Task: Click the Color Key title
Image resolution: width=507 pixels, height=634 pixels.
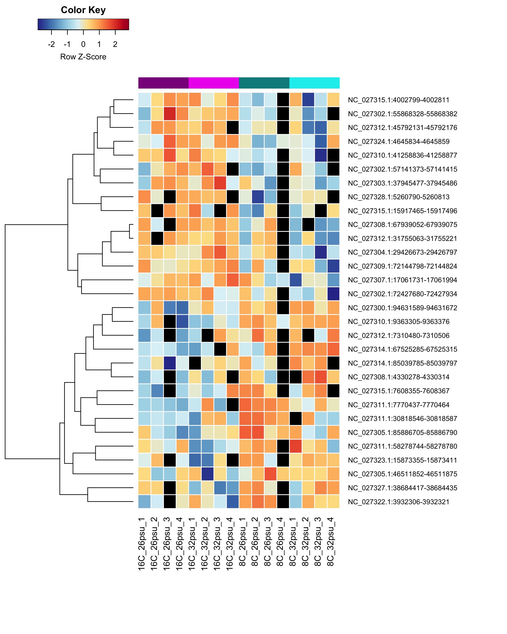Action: pos(83,10)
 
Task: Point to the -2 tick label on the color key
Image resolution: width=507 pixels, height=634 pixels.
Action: pos(51,44)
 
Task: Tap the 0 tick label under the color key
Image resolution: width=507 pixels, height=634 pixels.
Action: pos(83,44)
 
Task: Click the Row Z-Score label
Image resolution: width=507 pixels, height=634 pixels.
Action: pos(83,57)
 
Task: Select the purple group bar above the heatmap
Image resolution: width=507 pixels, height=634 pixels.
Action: pos(164,83)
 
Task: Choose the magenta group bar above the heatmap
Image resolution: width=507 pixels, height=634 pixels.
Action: pos(214,83)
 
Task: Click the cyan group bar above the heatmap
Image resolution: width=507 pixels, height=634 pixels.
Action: pos(315,83)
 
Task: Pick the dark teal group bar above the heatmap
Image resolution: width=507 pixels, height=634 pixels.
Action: pos(264,83)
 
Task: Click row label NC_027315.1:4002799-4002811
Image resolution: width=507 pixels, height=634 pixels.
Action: pos(399,100)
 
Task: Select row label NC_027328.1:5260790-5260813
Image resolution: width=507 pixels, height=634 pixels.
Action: pos(399,197)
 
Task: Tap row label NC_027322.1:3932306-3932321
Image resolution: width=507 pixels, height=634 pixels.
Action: pos(399,502)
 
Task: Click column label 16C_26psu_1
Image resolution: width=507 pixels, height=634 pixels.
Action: pos(142,544)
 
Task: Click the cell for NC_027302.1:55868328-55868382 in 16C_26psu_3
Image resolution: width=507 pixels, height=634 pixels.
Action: pos(170,114)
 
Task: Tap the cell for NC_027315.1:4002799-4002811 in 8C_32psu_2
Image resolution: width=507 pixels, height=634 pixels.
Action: pos(308,100)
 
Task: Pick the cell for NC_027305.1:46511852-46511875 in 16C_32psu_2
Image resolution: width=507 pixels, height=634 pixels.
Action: pos(207,474)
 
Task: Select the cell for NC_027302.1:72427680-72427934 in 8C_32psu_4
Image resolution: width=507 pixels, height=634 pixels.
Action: pos(333,294)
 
